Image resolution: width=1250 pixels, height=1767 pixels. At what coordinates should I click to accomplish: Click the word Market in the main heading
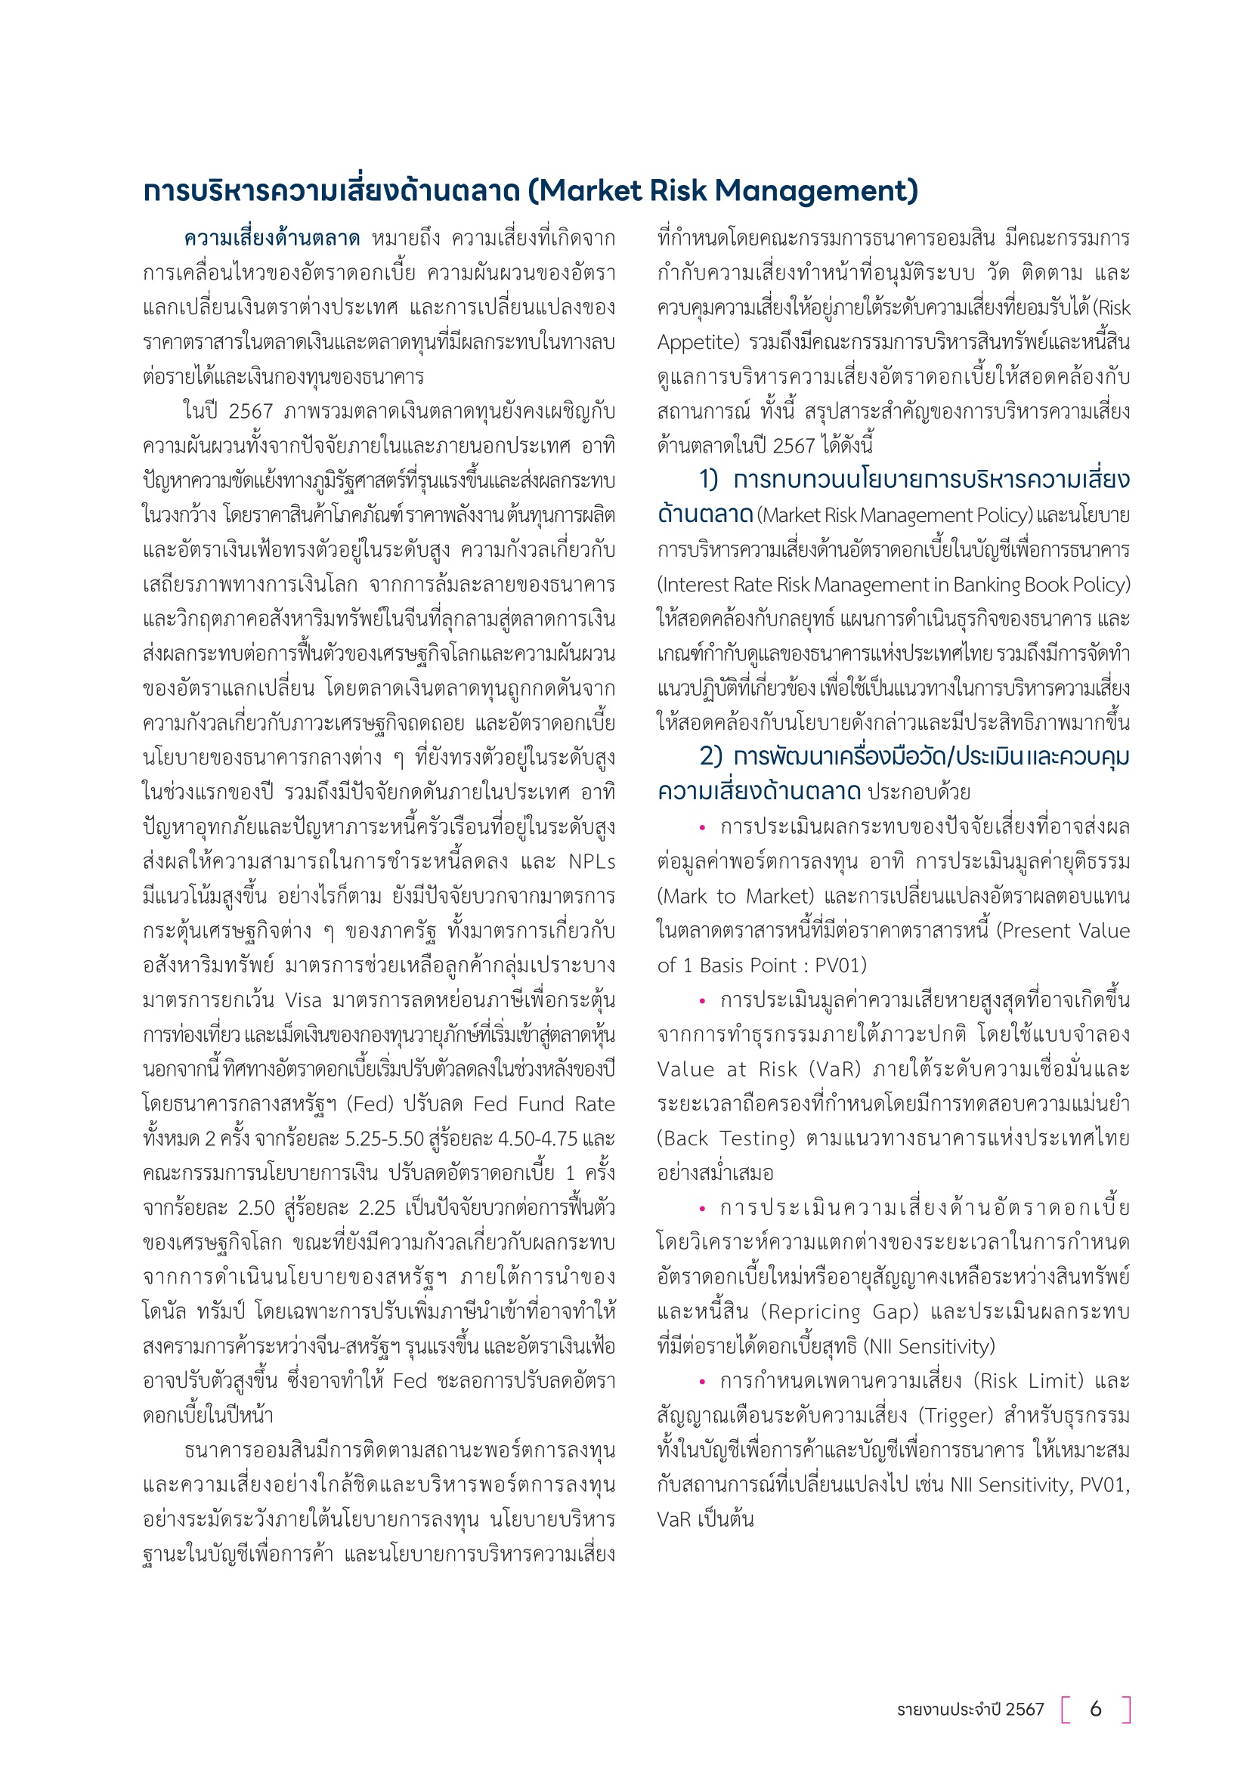pos(591,190)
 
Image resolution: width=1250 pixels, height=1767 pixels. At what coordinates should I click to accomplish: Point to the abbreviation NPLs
pos(591,861)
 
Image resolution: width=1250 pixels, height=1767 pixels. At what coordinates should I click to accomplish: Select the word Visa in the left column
pos(302,999)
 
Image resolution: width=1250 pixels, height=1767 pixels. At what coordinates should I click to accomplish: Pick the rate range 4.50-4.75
pos(538,1138)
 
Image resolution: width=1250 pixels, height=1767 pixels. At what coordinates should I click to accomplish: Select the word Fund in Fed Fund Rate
pos(540,1104)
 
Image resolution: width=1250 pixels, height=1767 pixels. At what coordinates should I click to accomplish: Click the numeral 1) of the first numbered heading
pos(708,480)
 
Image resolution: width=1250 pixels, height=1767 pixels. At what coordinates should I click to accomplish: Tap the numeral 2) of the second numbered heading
pos(710,757)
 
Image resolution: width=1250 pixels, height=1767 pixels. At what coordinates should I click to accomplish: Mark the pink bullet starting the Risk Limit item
pos(702,1382)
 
